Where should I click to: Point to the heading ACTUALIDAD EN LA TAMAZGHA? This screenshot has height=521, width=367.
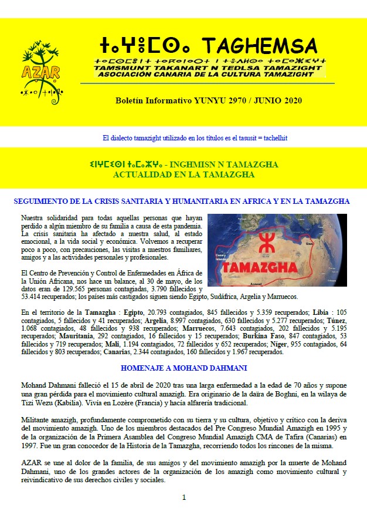point(183,174)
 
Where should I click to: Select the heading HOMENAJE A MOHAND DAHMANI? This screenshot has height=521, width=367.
point(183,368)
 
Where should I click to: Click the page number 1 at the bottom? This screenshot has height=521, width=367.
point(183,498)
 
